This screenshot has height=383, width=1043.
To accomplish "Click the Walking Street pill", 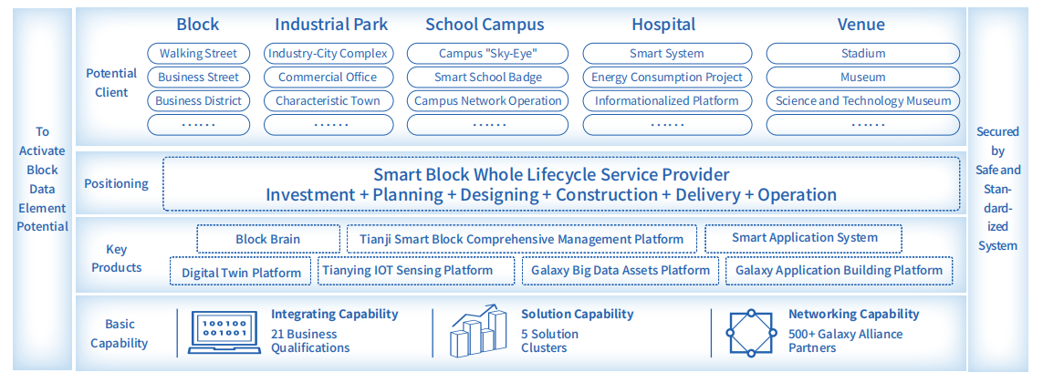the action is tap(198, 53).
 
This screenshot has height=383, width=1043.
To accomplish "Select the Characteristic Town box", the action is tap(328, 101).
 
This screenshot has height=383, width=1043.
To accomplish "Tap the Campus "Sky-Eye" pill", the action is tap(487, 53).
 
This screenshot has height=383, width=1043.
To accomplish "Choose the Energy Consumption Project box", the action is tap(667, 78).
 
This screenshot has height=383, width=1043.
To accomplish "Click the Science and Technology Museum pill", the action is tap(862, 101).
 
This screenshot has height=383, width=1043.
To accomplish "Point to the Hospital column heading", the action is tap(663, 25).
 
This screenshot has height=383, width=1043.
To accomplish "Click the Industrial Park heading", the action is tap(331, 25).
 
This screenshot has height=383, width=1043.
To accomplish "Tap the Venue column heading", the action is tap(861, 25).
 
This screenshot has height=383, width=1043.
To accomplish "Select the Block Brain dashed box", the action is tap(268, 239).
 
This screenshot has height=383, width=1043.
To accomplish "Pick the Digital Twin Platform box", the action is tap(241, 272).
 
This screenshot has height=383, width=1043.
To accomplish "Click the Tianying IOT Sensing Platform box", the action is tap(416, 271).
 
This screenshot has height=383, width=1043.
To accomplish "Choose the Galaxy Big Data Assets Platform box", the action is tap(620, 271).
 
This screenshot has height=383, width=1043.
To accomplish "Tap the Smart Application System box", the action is tap(804, 238).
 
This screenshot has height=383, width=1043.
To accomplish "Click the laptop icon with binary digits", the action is tap(221, 332).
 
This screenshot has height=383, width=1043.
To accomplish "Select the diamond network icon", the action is tap(750, 333).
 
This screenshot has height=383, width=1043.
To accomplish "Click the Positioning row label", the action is tap(117, 183).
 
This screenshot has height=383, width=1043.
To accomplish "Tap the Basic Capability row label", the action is tap(119, 334).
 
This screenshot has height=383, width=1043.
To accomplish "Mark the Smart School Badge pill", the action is tap(487, 78).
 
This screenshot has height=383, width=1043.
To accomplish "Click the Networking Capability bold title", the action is tap(853, 314).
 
